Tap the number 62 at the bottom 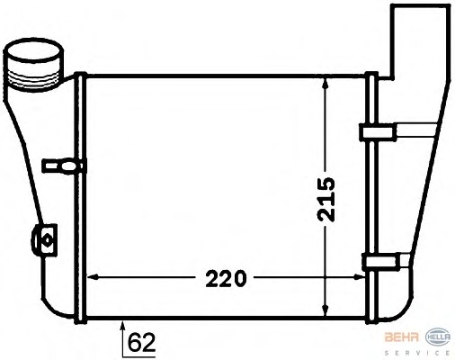141,343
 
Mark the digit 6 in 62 135,343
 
